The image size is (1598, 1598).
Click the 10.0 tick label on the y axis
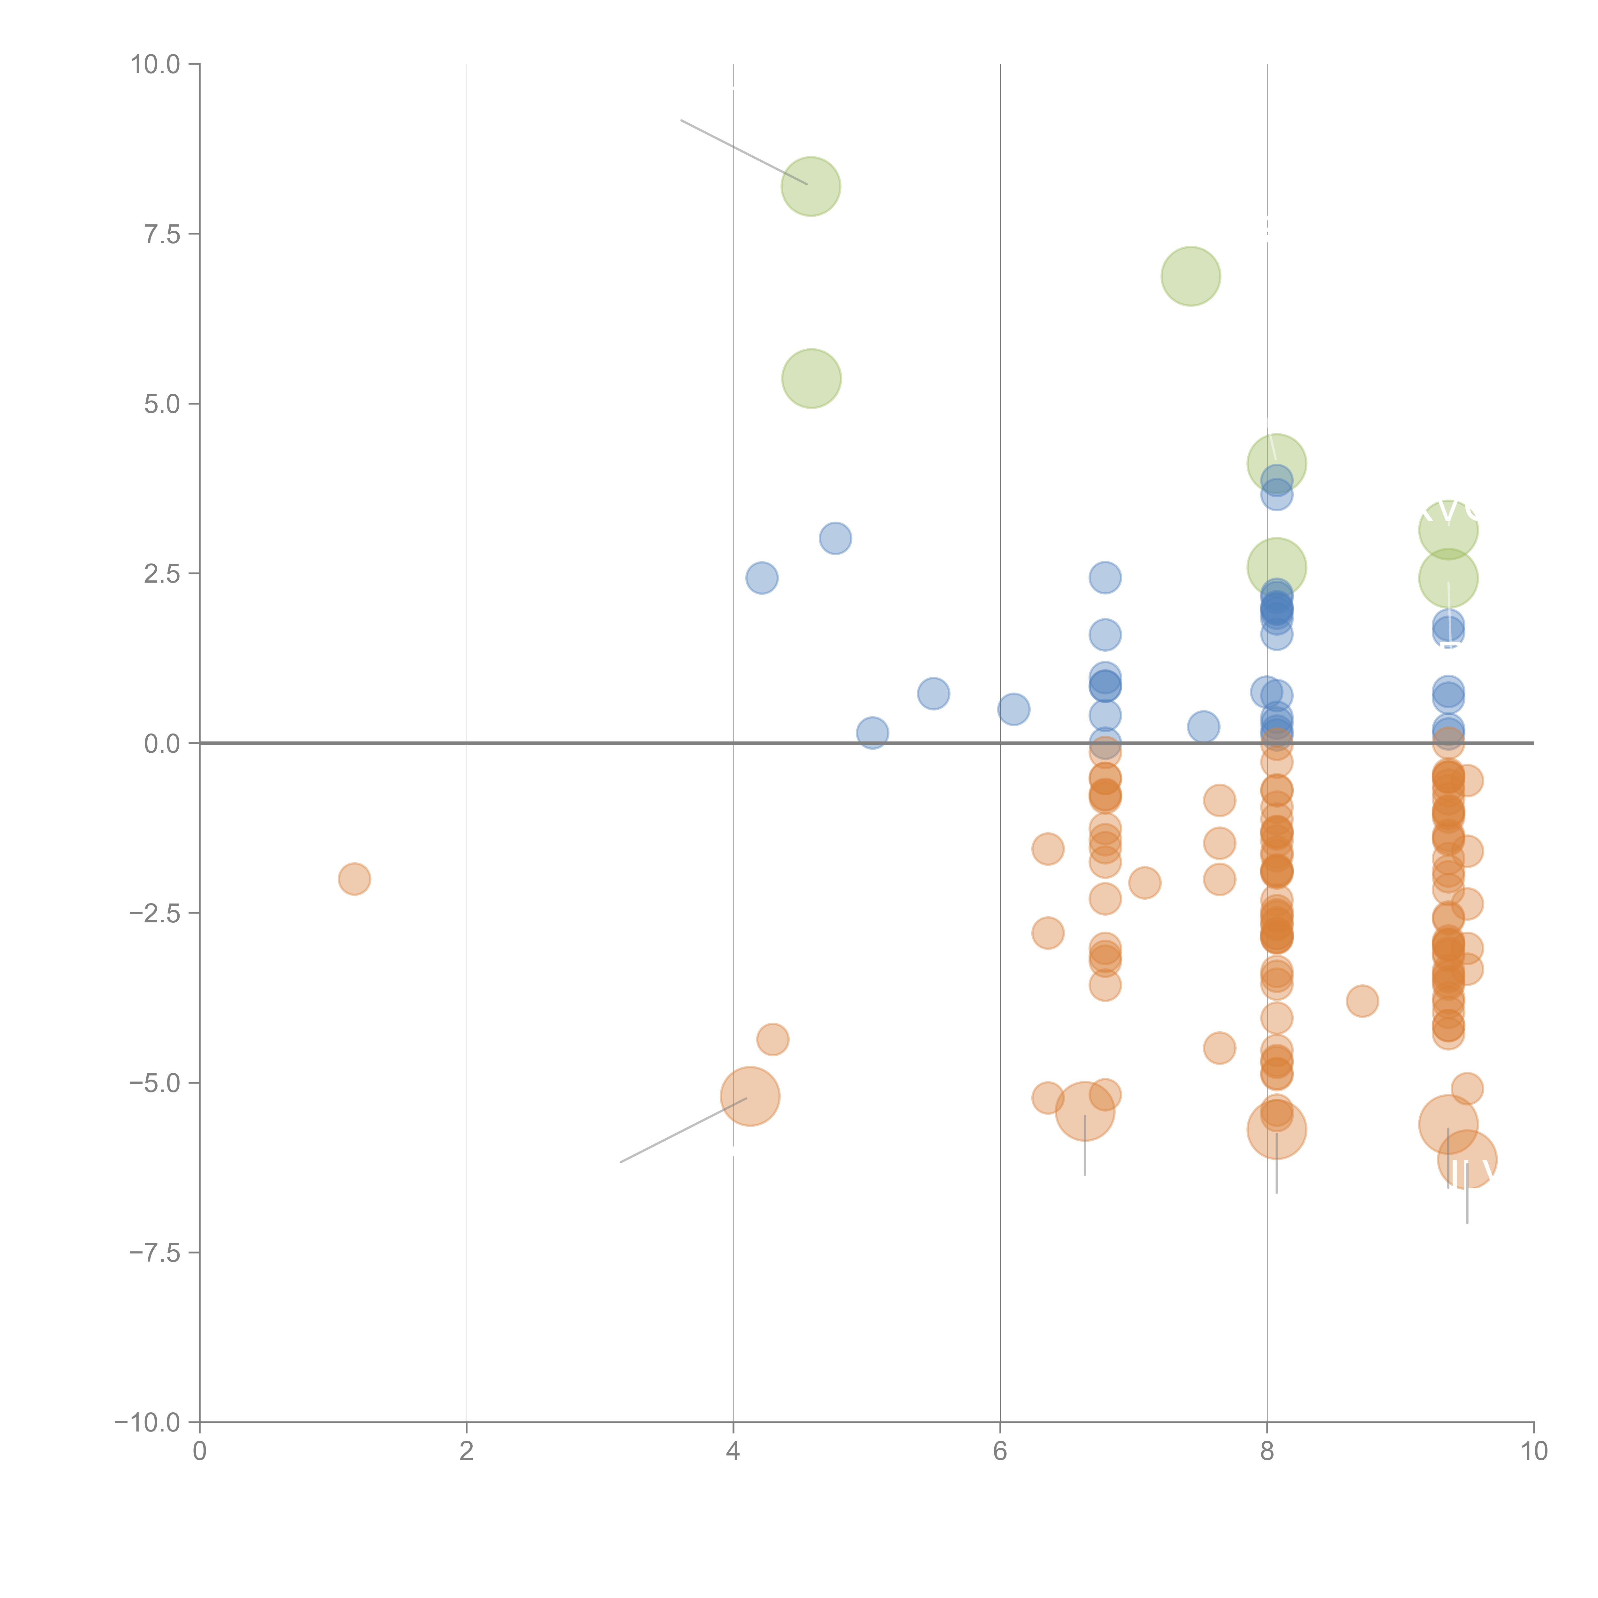coord(156,65)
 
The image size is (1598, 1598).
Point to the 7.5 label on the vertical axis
coord(162,234)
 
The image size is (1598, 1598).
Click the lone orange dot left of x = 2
coord(354,878)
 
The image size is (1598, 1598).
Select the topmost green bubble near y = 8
coord(811,186)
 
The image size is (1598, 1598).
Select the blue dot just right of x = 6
coord(1013,709)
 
